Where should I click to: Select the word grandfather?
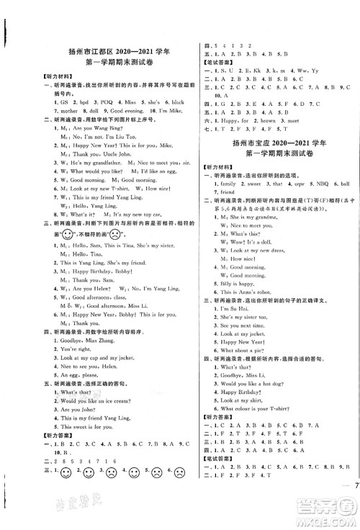point(94,164)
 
